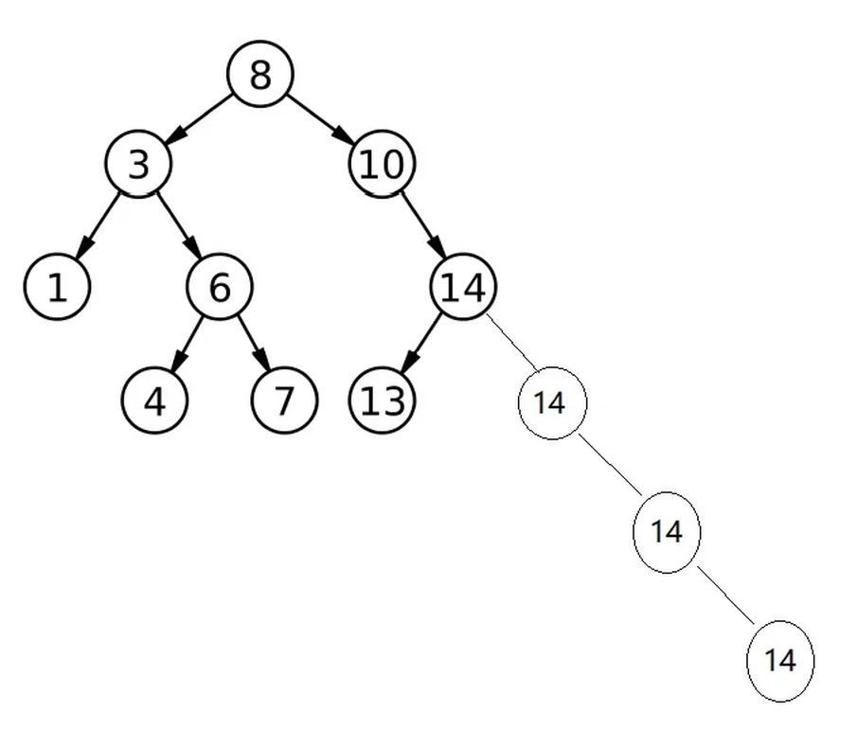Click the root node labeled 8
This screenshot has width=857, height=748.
260,75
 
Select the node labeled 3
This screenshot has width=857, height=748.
138,165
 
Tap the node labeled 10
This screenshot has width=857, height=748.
383,165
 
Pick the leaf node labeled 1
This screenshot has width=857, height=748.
57,287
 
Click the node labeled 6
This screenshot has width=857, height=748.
219,287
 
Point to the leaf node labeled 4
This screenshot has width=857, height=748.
155,401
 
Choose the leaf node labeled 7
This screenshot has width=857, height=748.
284,401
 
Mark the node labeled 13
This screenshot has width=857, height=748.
383,401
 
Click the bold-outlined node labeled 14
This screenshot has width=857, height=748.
464,287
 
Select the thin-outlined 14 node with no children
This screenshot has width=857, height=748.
780,661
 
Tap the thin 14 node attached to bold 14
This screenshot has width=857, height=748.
552,403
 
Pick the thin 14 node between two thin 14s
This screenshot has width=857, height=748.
667,532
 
